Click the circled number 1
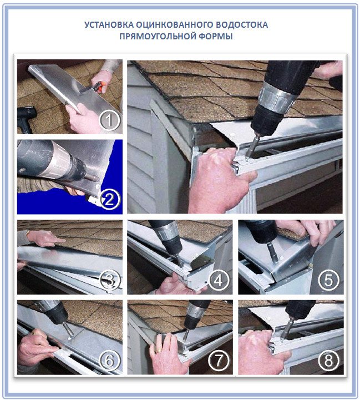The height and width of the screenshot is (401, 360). coord(109,120)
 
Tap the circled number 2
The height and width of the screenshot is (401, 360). coord(109,200)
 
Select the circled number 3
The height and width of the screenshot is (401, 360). coord(110,281)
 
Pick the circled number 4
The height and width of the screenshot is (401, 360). coord(219,280)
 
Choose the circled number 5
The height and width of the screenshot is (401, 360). coord(328,280)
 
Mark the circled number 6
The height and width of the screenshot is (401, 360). coord(109,361)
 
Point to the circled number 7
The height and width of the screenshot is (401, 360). coord(219,361)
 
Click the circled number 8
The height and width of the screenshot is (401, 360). coord(328,361)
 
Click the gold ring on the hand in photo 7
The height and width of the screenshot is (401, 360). coord(159,351)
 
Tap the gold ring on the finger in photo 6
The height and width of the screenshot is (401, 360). coord(34,333)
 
